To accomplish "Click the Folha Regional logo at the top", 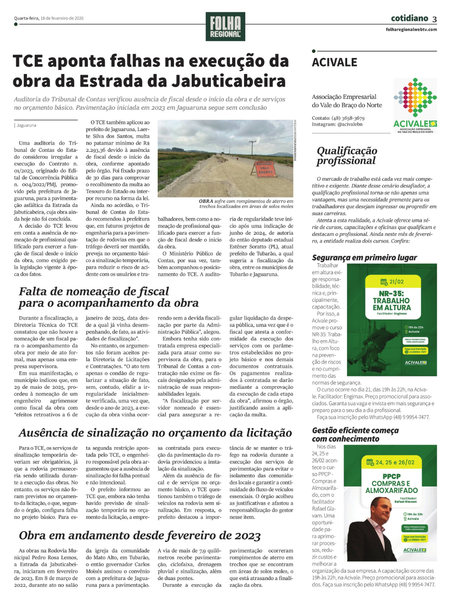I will pyautogui.click(x=225, y=27).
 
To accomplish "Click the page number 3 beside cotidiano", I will pyautogui.click(x=434, y=19).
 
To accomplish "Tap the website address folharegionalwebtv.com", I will pyautogui.click(x=411, y=29).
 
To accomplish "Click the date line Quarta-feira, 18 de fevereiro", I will pyautogui.click(x=49, y=19).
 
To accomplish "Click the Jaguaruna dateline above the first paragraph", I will pyautogui.click(x=27, y=125).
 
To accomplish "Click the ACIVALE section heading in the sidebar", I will pyautogui.click(x=335, y=62).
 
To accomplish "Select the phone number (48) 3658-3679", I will pyautogui.click(x=348, y=118).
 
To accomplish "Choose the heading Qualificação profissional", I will pyautogui.click(x=346, y=155).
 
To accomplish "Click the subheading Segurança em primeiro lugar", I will pyautogui.click(x=364, y=257).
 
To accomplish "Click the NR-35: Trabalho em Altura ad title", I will pyautogui.click(x=391, y=300).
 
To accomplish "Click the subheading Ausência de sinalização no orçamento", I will pyautogui.click(x=155, y=433).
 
